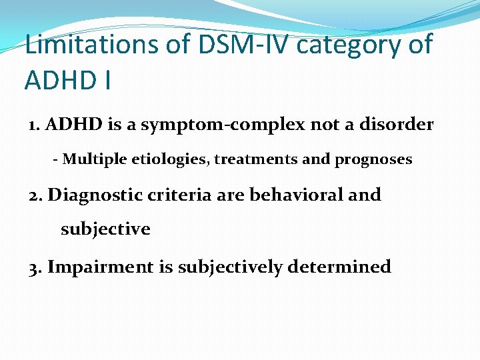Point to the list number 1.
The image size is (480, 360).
[33, 125]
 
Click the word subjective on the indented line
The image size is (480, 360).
[105, 230]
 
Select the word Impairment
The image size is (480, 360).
[100, 267]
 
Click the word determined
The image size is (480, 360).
[340, 267]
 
